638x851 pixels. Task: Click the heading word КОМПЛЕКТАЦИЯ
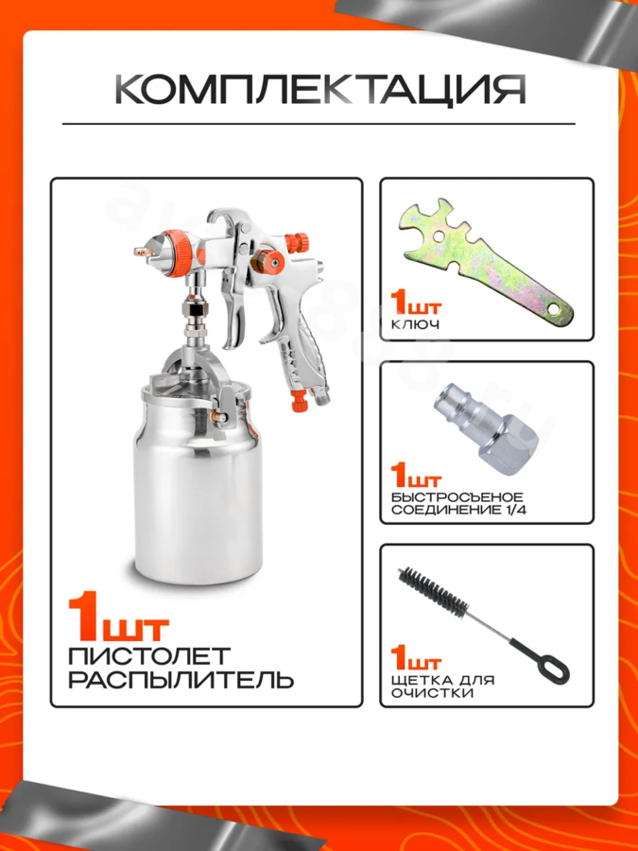click(x=320, y=89)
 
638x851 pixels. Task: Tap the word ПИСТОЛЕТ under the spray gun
click(x=149, y=656)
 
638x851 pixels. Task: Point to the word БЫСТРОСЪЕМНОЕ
click(x=457, y=497)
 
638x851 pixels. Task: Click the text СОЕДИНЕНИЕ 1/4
click(x=459, y=511)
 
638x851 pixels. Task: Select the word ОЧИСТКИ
click(x=432, y=694)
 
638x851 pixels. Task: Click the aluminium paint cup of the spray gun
click(x=198, y=483)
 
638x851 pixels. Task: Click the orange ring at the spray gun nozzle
click(x=178, y=252)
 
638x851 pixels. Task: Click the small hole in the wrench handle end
click(x=553, y=310)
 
